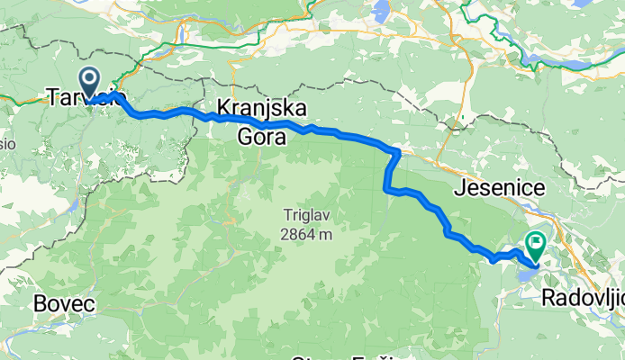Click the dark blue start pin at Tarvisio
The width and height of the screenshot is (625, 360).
click(90, 79)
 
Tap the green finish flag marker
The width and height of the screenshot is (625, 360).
click(536, 241)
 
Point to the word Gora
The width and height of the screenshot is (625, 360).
click(261, 137)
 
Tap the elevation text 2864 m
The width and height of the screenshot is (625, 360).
click(306, 234)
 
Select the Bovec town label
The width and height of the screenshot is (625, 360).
click(64, 304)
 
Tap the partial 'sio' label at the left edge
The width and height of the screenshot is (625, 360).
click(7, 143)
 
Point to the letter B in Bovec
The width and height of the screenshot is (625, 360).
click(40, 304)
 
